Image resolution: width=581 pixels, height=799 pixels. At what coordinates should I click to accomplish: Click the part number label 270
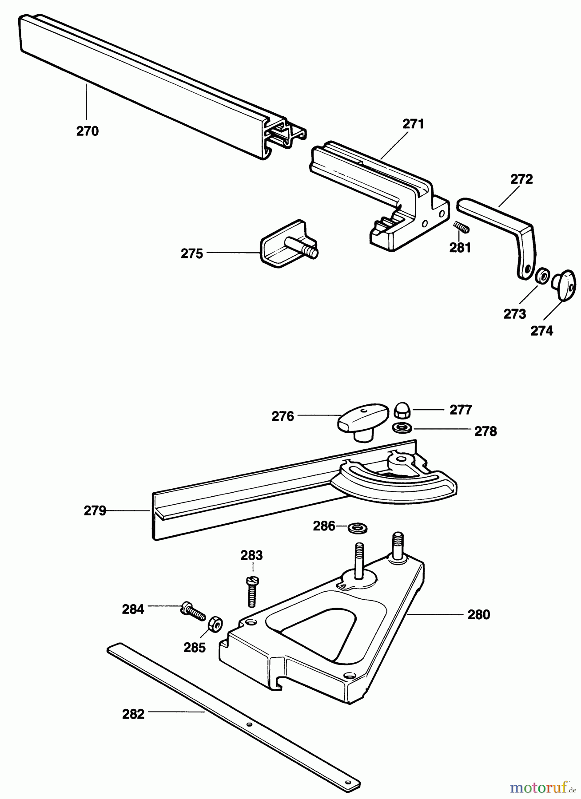88,131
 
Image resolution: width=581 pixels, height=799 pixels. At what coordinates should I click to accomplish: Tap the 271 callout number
413,124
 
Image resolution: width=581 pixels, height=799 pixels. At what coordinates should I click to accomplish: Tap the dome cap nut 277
402,411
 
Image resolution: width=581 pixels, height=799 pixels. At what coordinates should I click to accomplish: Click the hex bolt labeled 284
193,612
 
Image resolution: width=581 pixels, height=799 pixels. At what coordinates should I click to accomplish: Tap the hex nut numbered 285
215,622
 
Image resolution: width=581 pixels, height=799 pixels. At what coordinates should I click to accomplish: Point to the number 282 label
133,715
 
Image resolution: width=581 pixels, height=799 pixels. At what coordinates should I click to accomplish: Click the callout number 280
478,614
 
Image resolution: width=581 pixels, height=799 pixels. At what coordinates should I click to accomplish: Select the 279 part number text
95,511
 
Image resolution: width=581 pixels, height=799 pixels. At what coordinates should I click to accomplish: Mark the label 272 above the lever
521,179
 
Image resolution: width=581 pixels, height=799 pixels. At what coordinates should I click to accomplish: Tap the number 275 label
191,253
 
